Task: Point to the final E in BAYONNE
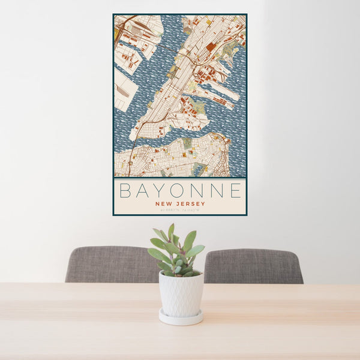point(236,191)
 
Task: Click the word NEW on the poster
point(164,203)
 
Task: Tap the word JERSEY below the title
point(190,203)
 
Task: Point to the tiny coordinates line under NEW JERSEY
point(180,209)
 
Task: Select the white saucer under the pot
point(181,317)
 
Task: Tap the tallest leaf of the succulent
point(171,230)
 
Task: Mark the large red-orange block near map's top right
point(210,46)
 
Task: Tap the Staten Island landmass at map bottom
point(174,157)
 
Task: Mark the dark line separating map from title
point(180,178)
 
